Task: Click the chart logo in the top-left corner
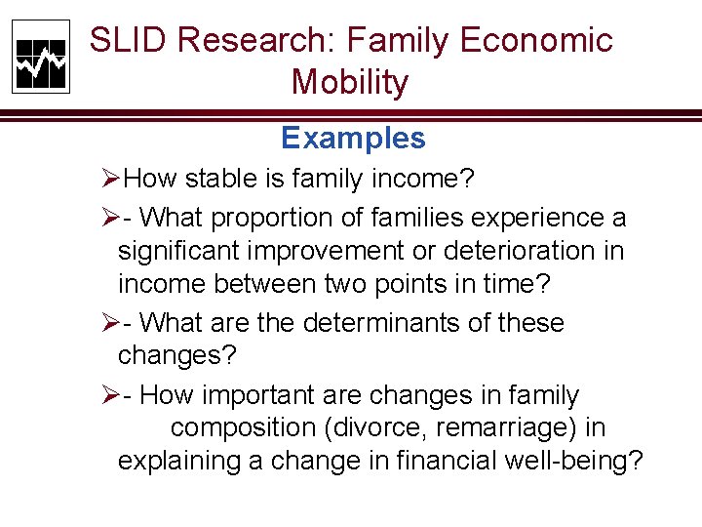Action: pos(41,57)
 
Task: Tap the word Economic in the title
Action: pos(535,41)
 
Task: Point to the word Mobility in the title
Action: pos(349,83)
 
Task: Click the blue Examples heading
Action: pos(353,139)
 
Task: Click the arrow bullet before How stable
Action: pos(110,180)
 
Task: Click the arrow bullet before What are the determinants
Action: pos(110,323)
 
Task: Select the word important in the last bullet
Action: pos(264,396)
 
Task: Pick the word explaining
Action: pos(179,461)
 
